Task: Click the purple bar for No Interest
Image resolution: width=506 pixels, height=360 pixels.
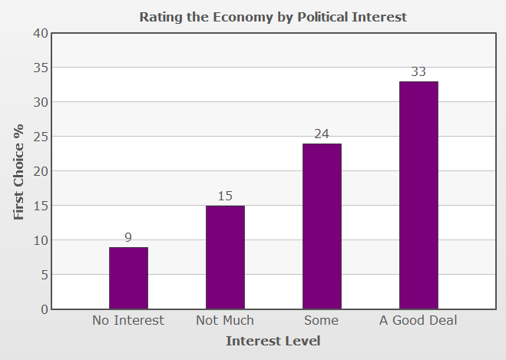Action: [x=128, y=278]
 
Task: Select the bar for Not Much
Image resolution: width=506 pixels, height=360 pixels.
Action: [x=225, y=257]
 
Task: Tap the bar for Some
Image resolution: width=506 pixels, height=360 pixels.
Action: [x=322, y=226]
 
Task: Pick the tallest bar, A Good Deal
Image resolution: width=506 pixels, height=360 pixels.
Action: [x=418, y=195]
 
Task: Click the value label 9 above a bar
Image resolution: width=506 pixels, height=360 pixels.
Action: [x=128, y=238]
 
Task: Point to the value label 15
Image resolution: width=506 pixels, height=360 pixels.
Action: [x=225, y=197]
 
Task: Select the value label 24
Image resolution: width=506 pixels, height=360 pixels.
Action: [x=322, y=134]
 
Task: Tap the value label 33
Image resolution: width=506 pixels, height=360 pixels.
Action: [x=418, y=72]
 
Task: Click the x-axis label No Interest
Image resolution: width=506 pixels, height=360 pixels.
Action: [x=128, y=320]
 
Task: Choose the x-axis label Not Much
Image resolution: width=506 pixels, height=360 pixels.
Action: [x=225, y=320]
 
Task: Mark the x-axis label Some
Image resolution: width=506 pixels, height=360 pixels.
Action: [x=321, y=320]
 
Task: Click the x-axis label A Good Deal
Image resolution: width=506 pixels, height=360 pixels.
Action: [x=418, y=320]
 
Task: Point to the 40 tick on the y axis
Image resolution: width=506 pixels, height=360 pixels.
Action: [x=40, y=33]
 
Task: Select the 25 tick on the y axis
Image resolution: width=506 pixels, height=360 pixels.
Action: [x=40, y=137]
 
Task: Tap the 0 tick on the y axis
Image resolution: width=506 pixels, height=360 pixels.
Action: [x=44, y=309]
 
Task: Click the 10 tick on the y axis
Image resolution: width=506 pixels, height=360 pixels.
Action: [x=40, y=240]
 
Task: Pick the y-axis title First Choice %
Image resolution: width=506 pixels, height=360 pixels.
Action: [x=20, y=171]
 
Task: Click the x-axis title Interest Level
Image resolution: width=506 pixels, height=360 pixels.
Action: [x=273, y=341]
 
